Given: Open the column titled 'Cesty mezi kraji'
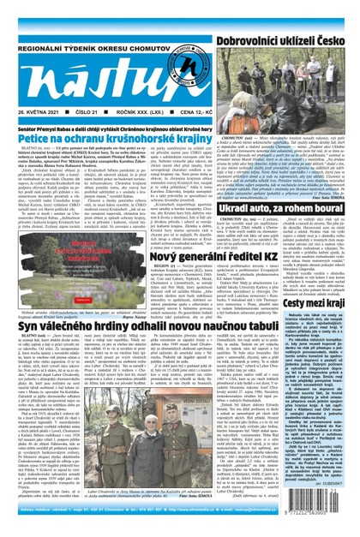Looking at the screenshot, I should pyautogui.click(x=325, y=349).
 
